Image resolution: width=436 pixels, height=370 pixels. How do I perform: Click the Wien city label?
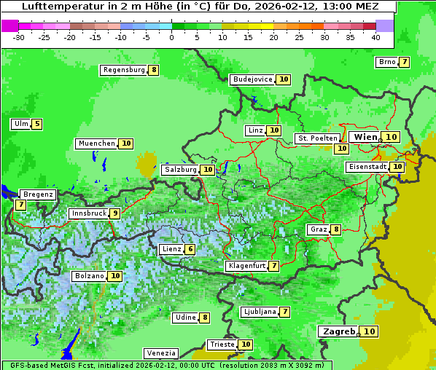[366, 137]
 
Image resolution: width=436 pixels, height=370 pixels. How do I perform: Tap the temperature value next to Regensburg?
[153, 70]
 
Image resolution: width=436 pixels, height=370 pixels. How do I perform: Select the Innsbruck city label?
[87, 213]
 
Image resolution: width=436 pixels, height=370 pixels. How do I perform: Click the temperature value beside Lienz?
[190, 249]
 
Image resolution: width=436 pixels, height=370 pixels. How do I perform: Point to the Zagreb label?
[338, 331]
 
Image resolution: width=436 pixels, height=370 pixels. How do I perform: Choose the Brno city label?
[386, 62]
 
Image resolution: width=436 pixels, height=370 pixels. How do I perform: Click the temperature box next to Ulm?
[37, 124]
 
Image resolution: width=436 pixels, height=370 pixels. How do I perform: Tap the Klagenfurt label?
[246, 266]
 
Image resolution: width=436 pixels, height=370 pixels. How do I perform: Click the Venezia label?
[160, 353]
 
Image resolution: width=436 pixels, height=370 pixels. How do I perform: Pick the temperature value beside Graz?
[336, 229]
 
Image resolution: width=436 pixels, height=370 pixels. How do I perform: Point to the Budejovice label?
[252, 79]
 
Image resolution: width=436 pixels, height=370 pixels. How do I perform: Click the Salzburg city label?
[180, 170]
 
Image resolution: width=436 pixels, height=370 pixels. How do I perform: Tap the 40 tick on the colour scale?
[375, 37]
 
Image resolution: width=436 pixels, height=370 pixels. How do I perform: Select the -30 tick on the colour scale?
[19, 37]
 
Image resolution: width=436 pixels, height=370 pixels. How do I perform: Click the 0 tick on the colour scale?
[171, 37]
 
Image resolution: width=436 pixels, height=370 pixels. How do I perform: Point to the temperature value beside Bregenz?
[20, 205]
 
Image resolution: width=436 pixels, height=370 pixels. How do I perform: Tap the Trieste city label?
[222, 345]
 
